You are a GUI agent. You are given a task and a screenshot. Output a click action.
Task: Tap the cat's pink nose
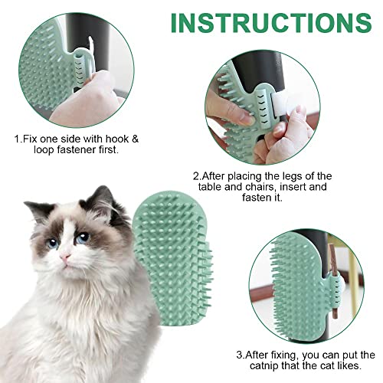65,257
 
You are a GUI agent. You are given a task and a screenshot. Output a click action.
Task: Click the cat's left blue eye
53,242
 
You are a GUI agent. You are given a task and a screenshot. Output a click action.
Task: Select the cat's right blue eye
82,237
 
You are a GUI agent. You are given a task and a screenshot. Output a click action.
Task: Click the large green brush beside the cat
172,258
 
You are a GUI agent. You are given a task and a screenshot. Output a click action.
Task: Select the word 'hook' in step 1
117,139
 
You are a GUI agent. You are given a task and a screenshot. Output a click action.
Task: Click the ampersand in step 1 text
135,139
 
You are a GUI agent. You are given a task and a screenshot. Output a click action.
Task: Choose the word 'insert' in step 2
294,187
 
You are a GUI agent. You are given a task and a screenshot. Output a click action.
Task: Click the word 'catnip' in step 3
264,366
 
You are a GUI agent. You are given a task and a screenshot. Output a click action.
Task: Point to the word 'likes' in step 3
349,365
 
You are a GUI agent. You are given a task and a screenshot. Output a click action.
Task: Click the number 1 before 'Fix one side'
17,139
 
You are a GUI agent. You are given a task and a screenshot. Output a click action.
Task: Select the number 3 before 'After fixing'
240,355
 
